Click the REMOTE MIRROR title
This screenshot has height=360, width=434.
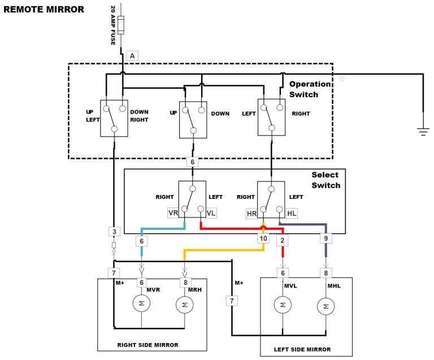click(44, 9)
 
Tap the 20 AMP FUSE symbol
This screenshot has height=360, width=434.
click(122, 25)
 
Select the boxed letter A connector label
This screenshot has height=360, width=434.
click(132, 55)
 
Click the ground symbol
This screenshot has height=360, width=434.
click(423, 132)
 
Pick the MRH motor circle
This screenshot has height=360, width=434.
click(184, 305)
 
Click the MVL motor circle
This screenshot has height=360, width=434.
click(281, 306)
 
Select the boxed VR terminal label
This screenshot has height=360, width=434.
click(173, 213)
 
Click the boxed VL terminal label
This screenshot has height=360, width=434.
click(211, 213)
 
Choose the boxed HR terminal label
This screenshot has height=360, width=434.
click(252, 213)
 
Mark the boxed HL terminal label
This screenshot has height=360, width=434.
click(292, 213)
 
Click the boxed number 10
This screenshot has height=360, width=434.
click(263, 238)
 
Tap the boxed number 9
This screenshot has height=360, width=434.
click(325, 238)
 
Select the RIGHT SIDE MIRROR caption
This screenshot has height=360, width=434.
click(147, 345)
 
